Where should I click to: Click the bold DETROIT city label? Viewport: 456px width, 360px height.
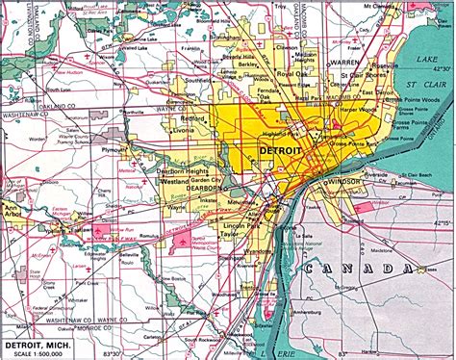280,152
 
